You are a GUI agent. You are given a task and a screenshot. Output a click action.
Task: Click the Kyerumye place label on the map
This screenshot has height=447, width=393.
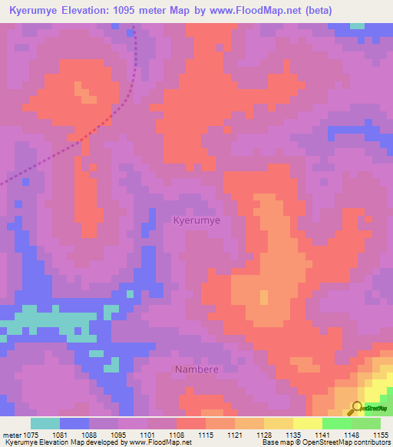[196, 220]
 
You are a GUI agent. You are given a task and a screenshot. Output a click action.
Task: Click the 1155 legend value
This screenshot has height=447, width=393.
[380, 435]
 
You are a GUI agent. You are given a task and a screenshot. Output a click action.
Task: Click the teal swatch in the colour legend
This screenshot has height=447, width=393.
[45, 423]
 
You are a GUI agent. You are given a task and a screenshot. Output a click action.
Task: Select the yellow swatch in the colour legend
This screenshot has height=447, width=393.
[308, 423]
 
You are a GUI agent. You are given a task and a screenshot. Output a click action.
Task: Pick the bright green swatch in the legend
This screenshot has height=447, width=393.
[337, 423]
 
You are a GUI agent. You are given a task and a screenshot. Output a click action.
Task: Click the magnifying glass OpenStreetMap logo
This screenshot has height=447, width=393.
[357, 409]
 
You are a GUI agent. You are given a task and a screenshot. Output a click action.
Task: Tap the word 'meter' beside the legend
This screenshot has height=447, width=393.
[12, 435]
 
